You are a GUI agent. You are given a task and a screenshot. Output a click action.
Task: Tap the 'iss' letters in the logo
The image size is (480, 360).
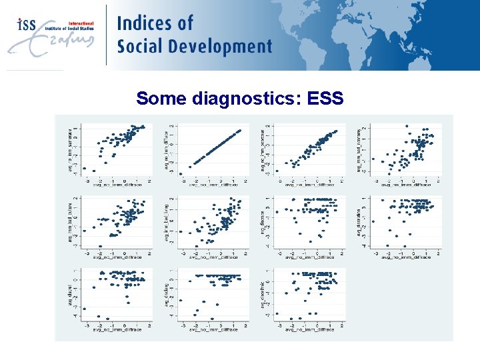(x=27, y=25)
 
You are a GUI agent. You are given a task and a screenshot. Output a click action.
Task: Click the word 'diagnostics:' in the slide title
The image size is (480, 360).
(x=246, y=99)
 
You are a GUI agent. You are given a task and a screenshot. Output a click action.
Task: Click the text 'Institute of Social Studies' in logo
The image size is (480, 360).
(x=70, y=29)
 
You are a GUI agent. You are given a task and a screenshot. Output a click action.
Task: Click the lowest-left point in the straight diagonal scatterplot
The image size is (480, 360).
(x=181, y=173)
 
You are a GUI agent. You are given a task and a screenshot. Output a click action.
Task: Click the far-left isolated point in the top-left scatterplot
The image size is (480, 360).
(x=85, y=168)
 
